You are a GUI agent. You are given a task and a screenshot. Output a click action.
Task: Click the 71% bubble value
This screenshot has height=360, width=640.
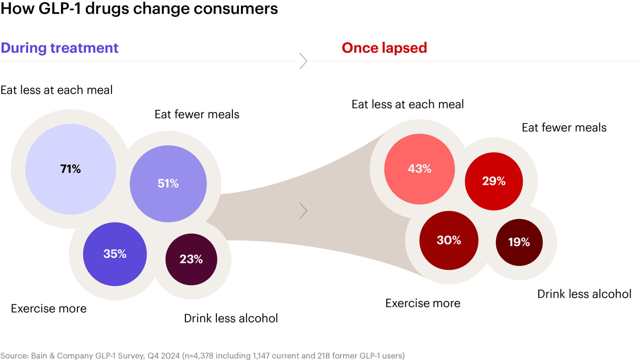coord(71,169)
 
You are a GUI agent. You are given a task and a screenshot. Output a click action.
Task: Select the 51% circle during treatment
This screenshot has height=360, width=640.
coord(168,184)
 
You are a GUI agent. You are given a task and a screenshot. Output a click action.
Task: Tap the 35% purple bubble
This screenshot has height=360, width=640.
coord(115,254)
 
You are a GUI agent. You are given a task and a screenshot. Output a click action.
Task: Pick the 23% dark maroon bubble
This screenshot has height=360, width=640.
coord(191,259)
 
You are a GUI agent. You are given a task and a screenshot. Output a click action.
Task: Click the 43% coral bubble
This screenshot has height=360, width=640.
coord(420,169)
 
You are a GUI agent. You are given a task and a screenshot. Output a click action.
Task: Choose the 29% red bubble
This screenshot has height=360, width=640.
coord(494,181)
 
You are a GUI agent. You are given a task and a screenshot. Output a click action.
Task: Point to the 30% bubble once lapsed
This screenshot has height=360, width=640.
coord(449,240)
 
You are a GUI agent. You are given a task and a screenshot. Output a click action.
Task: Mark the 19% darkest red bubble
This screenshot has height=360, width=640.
coord(519,242)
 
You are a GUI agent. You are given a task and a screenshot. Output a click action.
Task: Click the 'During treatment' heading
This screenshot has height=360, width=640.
coord(60,48)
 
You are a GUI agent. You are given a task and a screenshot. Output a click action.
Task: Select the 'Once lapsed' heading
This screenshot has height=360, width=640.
coord(384,48)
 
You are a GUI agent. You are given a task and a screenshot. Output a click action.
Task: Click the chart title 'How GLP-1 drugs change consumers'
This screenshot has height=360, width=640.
coord(139,9)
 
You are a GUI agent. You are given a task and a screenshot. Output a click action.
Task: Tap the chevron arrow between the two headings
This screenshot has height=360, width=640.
coord(304,61)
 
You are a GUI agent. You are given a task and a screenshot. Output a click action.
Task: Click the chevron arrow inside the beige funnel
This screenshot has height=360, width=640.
coord(304,211)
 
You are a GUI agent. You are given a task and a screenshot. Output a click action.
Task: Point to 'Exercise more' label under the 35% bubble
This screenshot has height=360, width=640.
coord(49,308)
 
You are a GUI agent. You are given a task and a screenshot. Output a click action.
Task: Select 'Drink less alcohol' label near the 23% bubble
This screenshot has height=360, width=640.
coord(231,318)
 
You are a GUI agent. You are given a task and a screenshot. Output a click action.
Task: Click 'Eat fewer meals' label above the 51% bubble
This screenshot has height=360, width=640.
coord(197,114)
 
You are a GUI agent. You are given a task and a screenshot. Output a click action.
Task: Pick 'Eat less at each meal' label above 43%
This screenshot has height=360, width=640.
coord(408,104)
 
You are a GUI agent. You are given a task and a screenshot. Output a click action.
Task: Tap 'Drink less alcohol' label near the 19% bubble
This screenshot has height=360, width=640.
coord(584,294)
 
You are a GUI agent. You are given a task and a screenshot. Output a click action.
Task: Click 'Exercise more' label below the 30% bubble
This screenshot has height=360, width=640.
coord(423,303)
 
